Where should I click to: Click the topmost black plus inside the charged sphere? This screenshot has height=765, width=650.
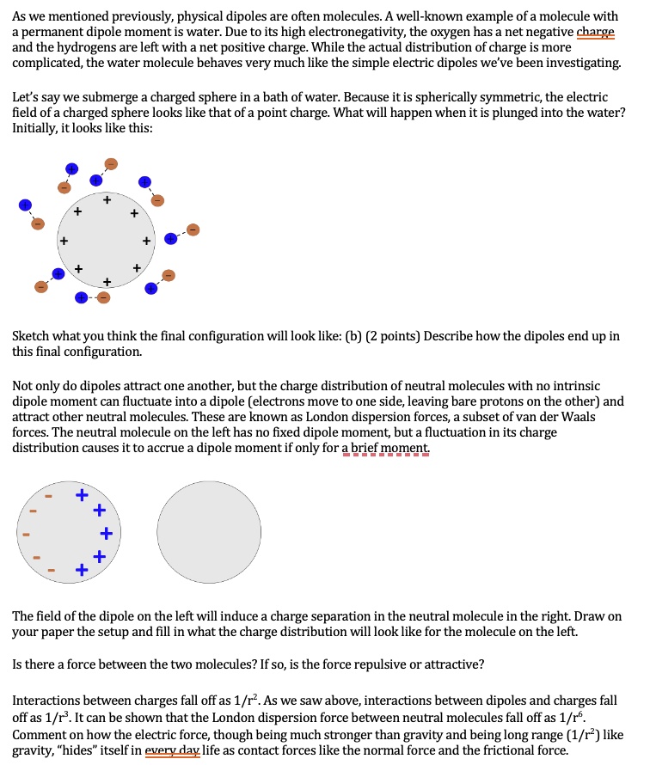(107, 200)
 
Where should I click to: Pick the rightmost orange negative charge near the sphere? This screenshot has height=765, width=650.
(193, 229)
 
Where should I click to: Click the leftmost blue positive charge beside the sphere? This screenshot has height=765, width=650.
(26, 205)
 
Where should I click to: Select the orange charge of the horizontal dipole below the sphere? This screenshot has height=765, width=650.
(104, 297)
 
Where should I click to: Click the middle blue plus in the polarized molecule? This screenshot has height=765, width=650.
(105, 534)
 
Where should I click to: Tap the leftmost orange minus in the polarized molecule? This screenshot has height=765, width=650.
(26, 534)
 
